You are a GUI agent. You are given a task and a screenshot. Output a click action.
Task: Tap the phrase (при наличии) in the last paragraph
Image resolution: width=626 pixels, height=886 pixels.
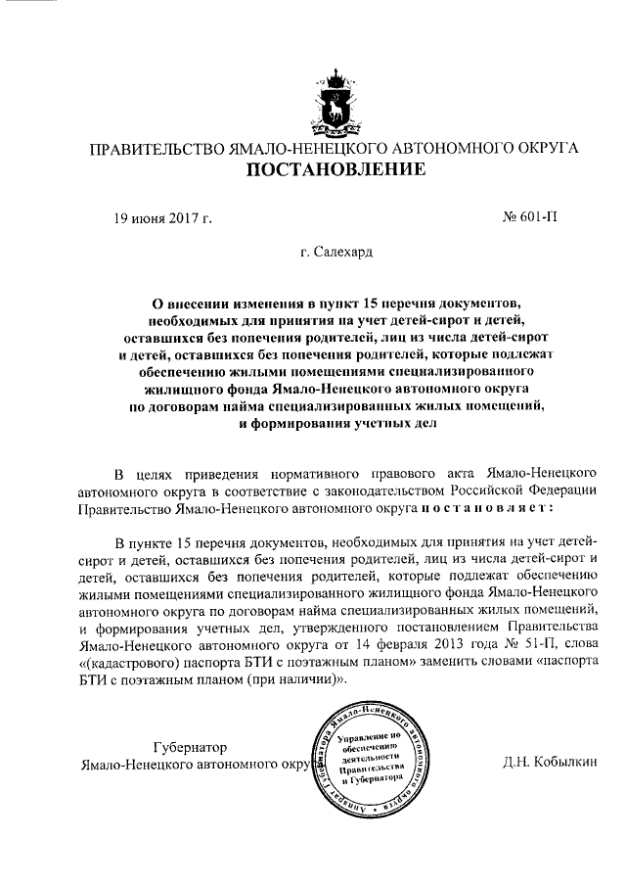289,686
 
